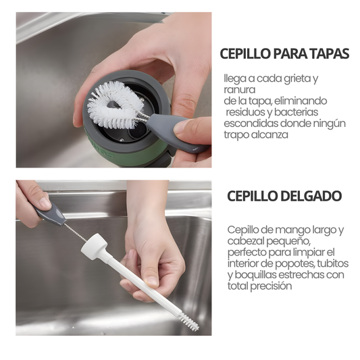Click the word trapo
237,134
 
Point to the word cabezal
247,241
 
